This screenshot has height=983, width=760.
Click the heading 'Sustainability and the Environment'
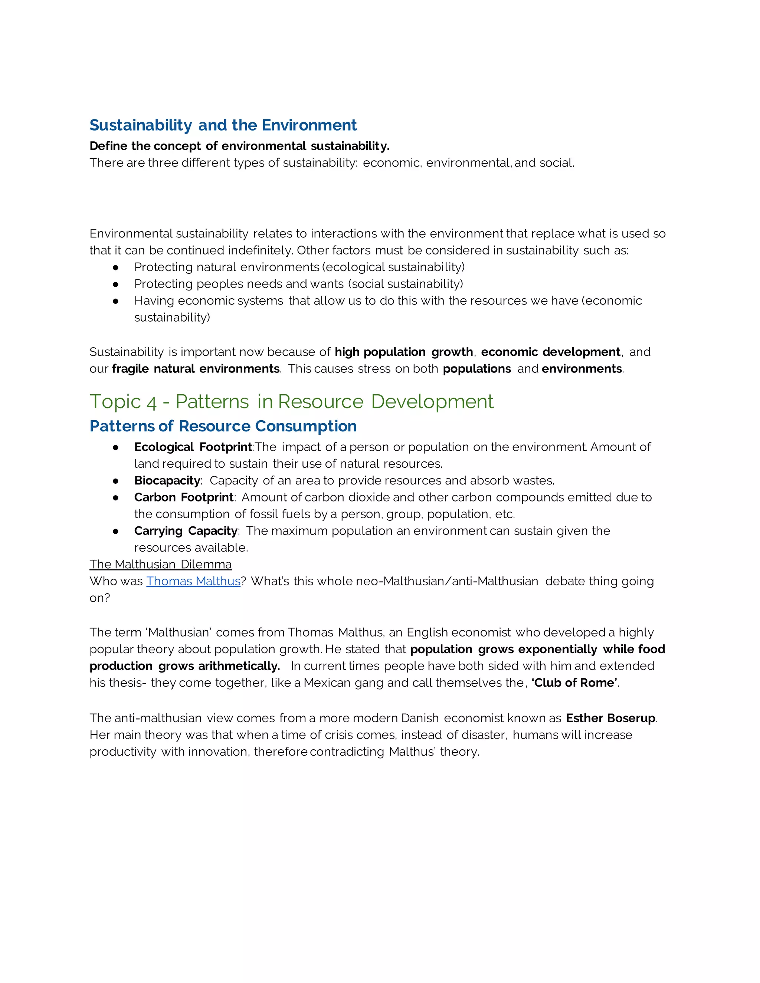coord(223,125)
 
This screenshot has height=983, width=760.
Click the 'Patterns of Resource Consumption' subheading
coord(223,426)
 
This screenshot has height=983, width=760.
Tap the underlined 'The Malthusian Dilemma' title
coord(160,565)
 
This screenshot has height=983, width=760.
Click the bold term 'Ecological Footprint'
coord(193,447)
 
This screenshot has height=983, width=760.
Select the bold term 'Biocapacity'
coord(167,481)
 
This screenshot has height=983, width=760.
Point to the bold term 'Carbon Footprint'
coord(184,497)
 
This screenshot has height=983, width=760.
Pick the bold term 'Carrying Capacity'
coord(186,531)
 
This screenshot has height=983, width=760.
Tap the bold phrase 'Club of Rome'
coord(574,683)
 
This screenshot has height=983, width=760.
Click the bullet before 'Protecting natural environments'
coord(116,267)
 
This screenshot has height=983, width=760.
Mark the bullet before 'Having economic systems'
coord(116,301)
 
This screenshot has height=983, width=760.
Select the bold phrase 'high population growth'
coord(403,352)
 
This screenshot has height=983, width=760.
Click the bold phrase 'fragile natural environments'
coord(196,369)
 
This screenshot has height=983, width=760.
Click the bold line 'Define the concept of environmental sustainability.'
coord(239,146)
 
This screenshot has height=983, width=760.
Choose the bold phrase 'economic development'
coord(550,352)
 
